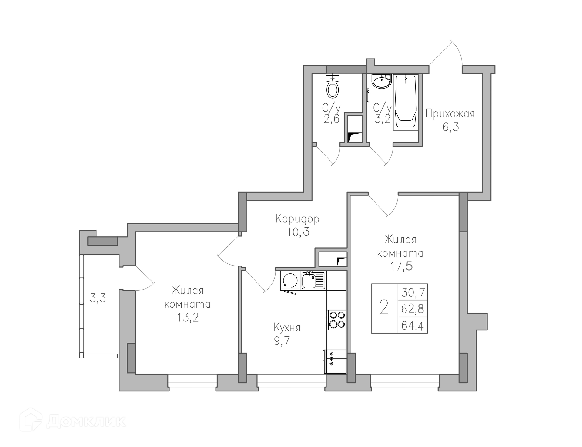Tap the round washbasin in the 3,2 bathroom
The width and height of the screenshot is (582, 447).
tap(382, 81)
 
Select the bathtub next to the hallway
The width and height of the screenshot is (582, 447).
tap(406, 103)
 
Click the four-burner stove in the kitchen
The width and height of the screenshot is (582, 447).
tap(337, 320)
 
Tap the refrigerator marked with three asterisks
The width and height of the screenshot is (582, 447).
tap(335, 361)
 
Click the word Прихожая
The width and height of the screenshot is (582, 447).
tap(450, 114)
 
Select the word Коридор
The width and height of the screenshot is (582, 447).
tap(297, 219)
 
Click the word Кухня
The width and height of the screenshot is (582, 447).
tap(287, 328)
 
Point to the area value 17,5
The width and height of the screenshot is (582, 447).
tap(401, 266)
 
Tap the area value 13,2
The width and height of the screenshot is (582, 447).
tap(188, 317)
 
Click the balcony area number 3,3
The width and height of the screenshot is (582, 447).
tap(98, 298)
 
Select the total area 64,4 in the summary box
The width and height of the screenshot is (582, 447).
tap(413, 326)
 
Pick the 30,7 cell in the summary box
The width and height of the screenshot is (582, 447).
tap(413, 293)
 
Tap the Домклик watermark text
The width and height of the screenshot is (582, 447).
tap(86, 422)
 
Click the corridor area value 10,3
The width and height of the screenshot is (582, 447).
tap(298, 232)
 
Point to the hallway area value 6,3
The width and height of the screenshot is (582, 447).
tap(451, 127)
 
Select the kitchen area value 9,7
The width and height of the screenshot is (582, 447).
tap(282, 341)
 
